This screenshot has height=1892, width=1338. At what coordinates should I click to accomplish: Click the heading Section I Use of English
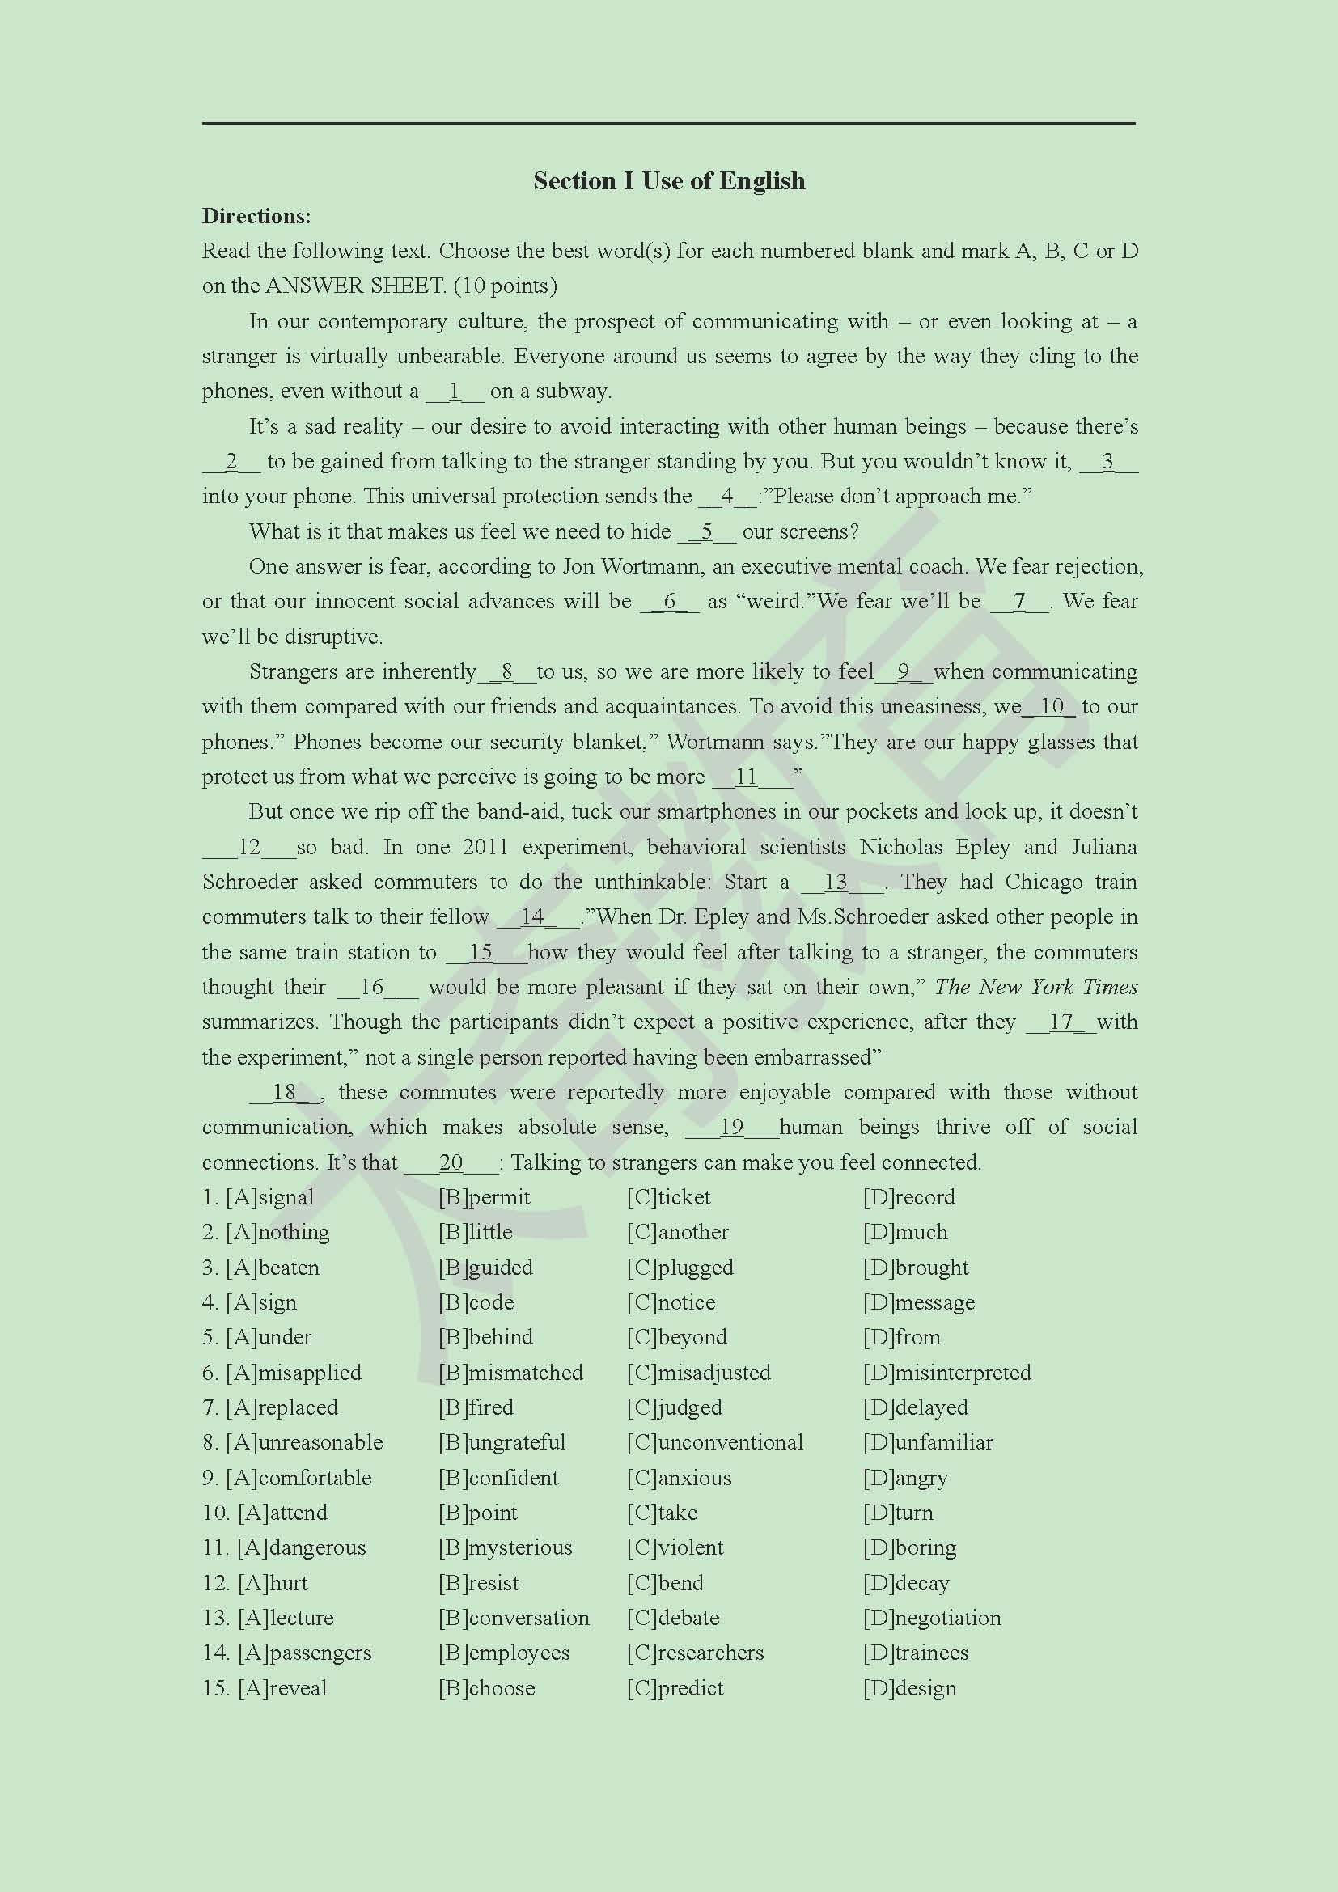point(668,180)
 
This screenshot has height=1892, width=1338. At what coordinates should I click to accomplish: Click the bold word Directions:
point(256,216)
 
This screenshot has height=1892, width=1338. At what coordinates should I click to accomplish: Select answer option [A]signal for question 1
point(270,1197)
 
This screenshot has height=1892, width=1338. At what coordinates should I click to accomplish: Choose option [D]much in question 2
point(905,1233)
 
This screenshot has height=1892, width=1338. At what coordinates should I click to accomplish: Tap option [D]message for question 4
point(919,1303)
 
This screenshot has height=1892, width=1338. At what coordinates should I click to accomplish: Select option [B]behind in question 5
point(485,1337)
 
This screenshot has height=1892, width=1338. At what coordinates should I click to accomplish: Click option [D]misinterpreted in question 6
point(946,1373)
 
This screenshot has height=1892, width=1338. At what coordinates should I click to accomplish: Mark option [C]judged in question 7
point(674,1407)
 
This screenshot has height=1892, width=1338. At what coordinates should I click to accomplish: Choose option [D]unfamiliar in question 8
point(928,1443)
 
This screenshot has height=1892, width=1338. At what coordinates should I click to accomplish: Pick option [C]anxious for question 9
point(679,1479)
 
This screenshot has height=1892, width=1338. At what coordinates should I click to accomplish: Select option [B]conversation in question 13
point(514,1619)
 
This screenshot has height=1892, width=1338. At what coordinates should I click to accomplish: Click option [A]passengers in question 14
point(304,1653)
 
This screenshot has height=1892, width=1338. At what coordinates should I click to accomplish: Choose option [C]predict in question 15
point(675,1688)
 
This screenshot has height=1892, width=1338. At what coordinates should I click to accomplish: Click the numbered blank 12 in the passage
point(249,847)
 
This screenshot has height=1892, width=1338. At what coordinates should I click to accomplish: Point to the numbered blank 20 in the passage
point(451,1162)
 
